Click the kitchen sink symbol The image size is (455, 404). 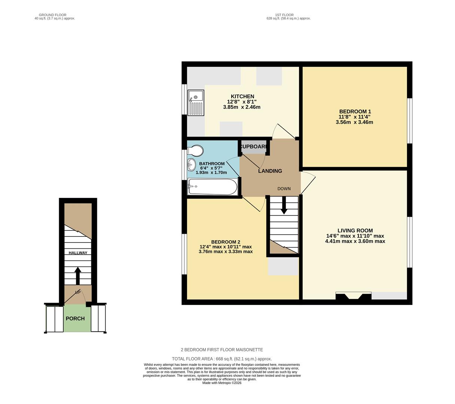[196, 103]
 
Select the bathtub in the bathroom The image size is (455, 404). [213, 186]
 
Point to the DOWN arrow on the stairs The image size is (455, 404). [284, 206]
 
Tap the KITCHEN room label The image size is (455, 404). [242, 97]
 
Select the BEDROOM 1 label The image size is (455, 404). [355, 111]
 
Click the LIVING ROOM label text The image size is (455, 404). [355, 231]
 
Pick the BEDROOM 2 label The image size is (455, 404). [225, 242]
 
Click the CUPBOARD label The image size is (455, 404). [253, 147]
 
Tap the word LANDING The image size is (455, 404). [270, 171]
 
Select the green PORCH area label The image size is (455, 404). [75, 319]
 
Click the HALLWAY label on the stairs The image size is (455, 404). [78, 253]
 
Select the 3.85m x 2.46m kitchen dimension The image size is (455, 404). [242, 107]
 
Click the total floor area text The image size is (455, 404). [222, 359]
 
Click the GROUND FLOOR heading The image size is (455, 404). [52, 15]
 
